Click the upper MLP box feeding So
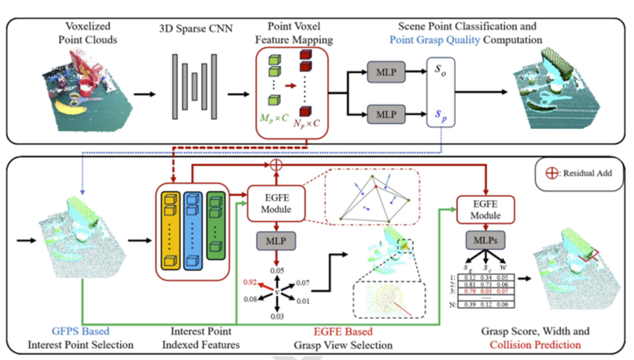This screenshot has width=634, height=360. pyautogui.click(x=385, y=72)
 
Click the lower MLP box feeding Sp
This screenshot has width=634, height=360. pyautogui.click(x=385, y=116)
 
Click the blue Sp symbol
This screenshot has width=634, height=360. pyautogui.click(x=441, y=116)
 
